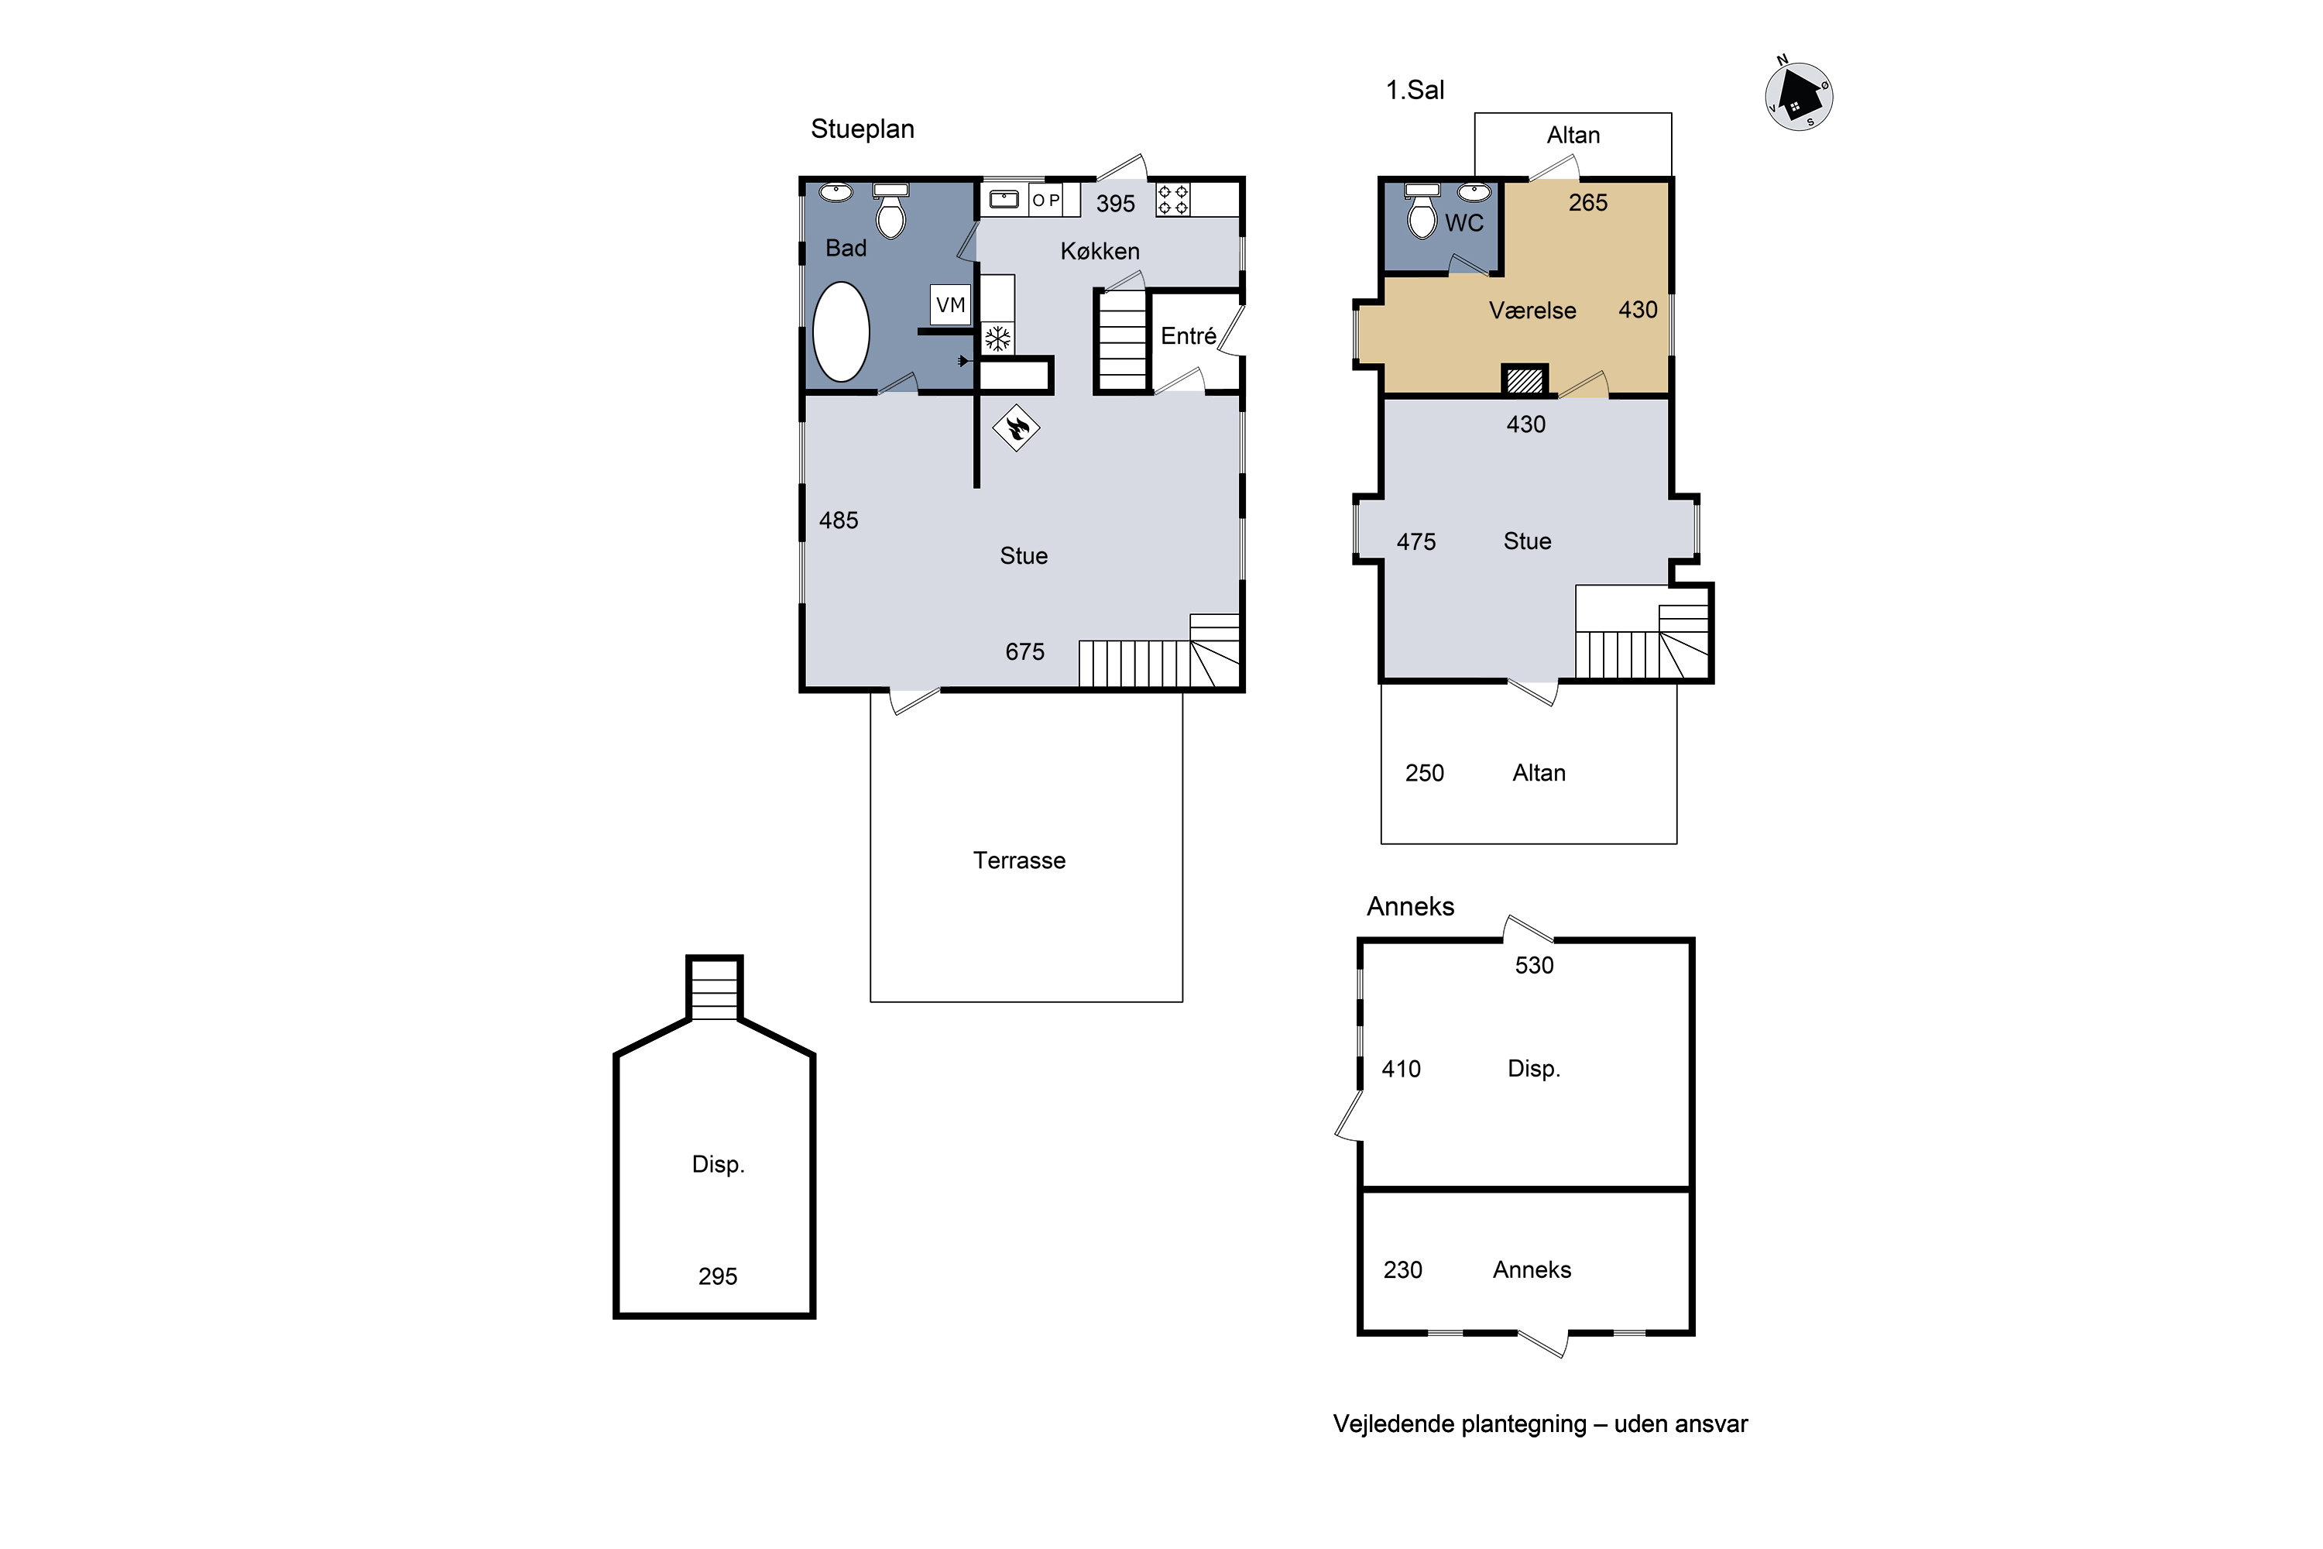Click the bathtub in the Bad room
point(840,332)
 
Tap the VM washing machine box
point(950,304)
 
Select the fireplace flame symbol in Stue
point(1016,428)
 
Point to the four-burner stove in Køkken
point(1173,200)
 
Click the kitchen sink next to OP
point(1004,200)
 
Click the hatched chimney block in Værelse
point(1525,380)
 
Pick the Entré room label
point(1188,336)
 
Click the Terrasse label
point(1019,860)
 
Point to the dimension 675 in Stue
point(1025,652)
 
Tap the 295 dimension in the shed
point(718,1276)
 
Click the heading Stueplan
point(863,129)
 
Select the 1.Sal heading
point(1415,90)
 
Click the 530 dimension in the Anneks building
point(1535,965)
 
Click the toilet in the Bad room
point(891,211)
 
